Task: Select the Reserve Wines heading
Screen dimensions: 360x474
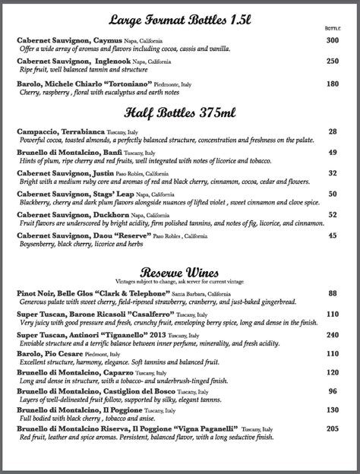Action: point(179,273)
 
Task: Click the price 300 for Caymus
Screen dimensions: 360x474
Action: point(332,40)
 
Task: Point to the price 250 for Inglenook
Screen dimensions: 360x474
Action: point(332,61)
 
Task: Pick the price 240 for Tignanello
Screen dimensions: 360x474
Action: point(332,334)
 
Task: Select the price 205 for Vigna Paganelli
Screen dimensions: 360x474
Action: point(332,428)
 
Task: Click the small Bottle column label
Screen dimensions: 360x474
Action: point(333,27)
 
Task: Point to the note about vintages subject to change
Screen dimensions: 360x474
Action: point(179,282)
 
